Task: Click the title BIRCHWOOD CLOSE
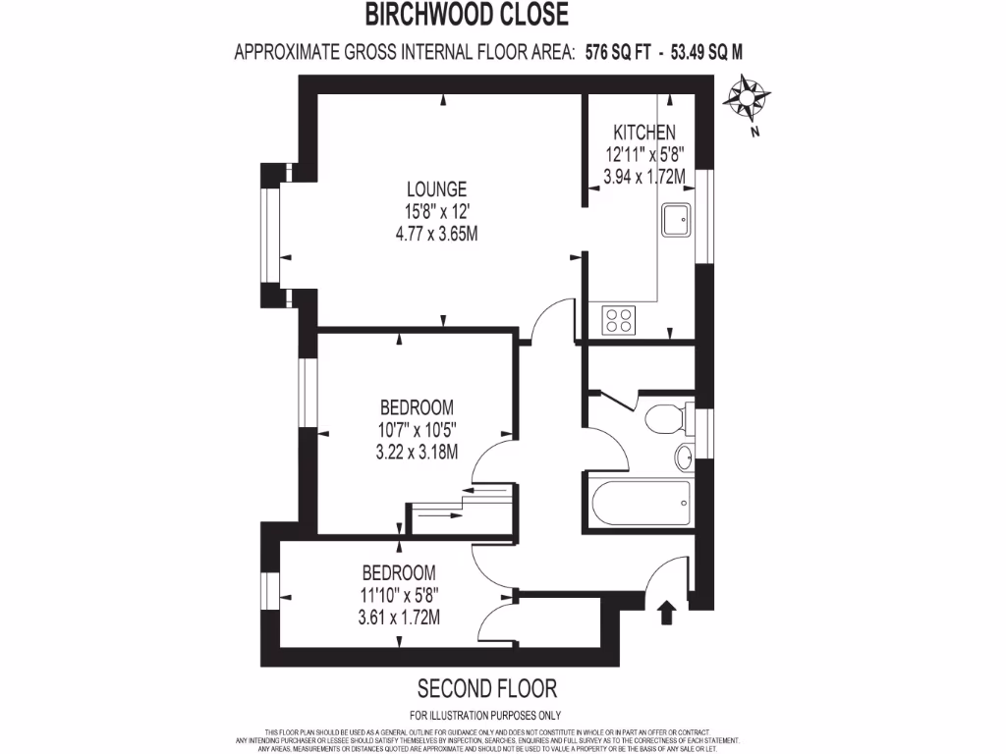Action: (467, 15)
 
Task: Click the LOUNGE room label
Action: (437, 189)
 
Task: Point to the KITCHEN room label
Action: (643, 133)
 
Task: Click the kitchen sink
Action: (678, 221)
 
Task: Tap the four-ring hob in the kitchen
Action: (620, 319)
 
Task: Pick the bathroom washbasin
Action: (685, 457)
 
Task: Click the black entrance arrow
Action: (667, 614)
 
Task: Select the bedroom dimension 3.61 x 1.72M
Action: (400, 618)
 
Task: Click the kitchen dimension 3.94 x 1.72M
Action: (643, 178)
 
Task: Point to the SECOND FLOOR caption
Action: (487, 687)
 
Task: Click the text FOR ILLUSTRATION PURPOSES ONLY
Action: (485, 715)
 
